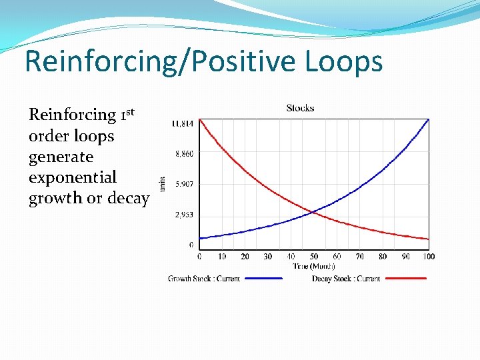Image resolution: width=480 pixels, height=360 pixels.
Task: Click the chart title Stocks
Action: (x=300, y=108)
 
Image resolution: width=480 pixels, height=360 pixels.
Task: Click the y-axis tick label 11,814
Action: (x=183, y=123)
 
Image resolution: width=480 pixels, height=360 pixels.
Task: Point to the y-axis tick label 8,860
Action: (x=185, y=154)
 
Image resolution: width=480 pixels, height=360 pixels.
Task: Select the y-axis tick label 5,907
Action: (x=185, y=184)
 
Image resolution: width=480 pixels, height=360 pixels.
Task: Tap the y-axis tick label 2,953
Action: (x=185, y=215)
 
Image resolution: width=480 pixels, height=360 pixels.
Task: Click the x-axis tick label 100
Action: (x=429, y=257)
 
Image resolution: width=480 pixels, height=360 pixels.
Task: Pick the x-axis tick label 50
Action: (x=314, y=257)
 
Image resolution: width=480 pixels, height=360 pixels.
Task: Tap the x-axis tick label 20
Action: (x=245, y=257)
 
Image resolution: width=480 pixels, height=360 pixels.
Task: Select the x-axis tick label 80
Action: (x=383, y=257)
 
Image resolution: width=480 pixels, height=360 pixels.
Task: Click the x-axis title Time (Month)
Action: (x=314, y=266)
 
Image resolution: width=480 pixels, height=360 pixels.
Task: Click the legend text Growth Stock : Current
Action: (x=204, y=279)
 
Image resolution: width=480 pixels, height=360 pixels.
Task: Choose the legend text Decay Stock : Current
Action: (x=346, y=279)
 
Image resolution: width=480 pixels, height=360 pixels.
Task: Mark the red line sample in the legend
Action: (x=405, y=279)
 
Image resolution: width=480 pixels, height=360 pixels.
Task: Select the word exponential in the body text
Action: (x=73, y=178)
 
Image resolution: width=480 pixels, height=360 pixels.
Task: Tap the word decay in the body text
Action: (x=127, y=199)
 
